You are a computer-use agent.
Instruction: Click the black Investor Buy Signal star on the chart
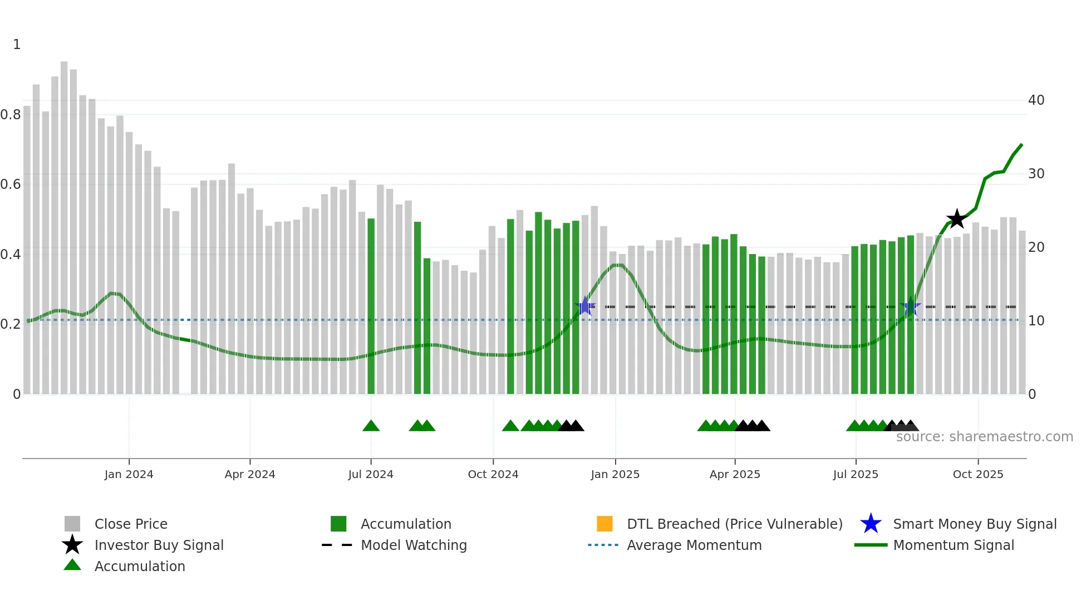(956, 219)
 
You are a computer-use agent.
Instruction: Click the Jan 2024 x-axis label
(129, 474)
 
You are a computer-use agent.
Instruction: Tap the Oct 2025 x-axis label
(978, 474)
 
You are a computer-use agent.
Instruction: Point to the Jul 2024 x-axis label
(371, 474)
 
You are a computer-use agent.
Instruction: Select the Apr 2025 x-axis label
(735, 474)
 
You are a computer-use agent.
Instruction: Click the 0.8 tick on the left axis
(11, 115)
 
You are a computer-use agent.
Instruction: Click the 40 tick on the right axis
(1036, 100)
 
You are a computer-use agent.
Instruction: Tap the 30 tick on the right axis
(1036, 174)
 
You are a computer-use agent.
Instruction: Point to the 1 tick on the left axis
(17, 45)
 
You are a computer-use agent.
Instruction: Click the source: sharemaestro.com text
(984, 437)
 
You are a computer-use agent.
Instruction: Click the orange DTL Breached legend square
(605, 524)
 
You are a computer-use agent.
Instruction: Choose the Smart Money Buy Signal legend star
(871, 524)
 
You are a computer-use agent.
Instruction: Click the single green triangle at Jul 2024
(371, 426)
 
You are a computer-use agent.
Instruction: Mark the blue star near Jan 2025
(585, 306)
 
